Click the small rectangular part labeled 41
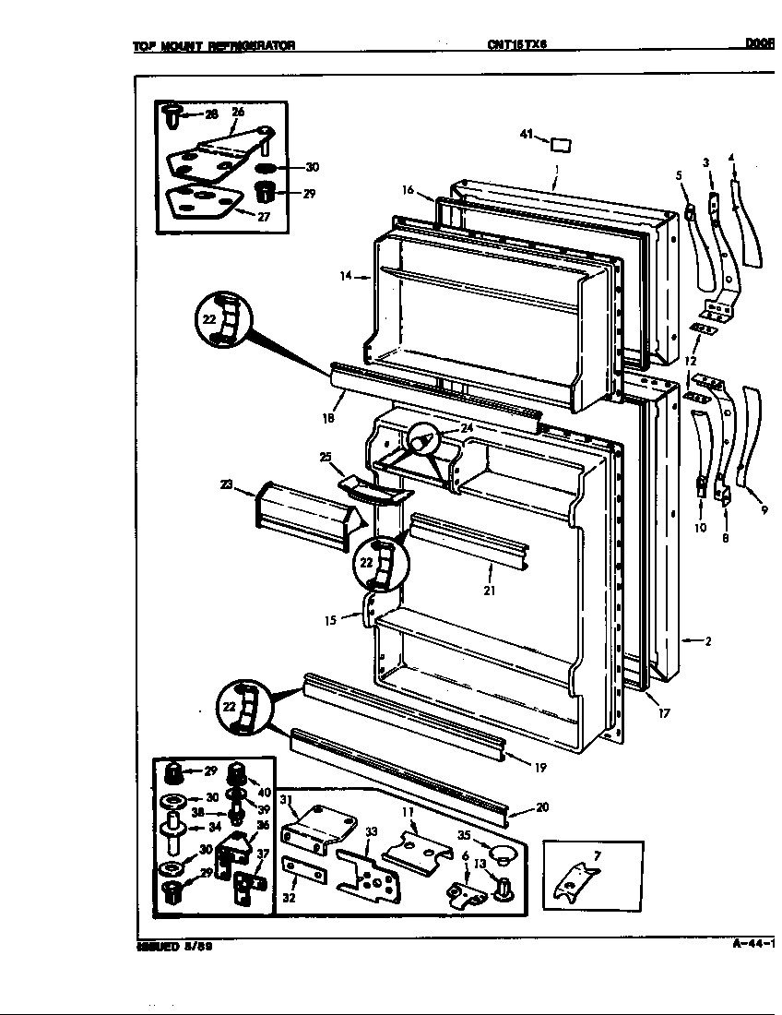point(559,144)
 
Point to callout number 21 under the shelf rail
point(489,591)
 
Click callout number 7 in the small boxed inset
point(597,856)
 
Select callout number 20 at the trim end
point(542,807)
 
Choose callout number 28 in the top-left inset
point(211,114)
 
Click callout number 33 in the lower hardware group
point(371,832)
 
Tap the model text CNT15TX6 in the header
point(516,43)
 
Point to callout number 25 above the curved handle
point(325,457)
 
